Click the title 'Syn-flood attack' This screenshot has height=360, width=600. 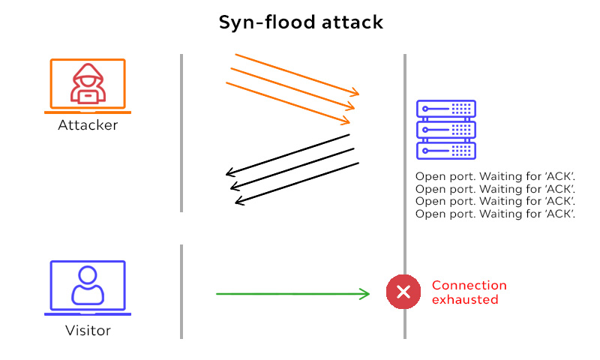pos(301,22)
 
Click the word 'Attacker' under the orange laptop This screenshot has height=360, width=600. pos(88,125)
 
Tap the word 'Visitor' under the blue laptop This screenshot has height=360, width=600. pos(88,330)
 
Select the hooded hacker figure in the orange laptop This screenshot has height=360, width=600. pos(88,82)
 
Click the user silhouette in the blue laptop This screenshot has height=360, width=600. pos(88,285)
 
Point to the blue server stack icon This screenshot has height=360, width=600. pos(446,130)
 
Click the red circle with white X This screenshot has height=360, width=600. pos(403,292)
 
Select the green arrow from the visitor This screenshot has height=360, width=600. pos(292,294)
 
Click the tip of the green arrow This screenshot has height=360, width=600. pos(370,294)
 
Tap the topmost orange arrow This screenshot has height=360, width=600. pos(297,74)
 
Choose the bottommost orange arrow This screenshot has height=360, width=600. pos(288,103)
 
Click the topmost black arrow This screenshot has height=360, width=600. pos(289,154)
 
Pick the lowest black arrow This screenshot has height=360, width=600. pos(297,182)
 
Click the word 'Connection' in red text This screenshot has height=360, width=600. pos(469,286)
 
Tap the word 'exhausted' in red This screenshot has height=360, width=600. pos(465,299)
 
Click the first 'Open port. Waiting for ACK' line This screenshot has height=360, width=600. pos(494,178)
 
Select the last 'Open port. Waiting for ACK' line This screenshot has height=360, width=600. pos(494,214)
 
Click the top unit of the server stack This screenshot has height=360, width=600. pos(446,109)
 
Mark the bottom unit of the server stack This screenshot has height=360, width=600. pos(446,150)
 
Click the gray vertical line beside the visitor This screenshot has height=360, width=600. pos(181,291)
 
